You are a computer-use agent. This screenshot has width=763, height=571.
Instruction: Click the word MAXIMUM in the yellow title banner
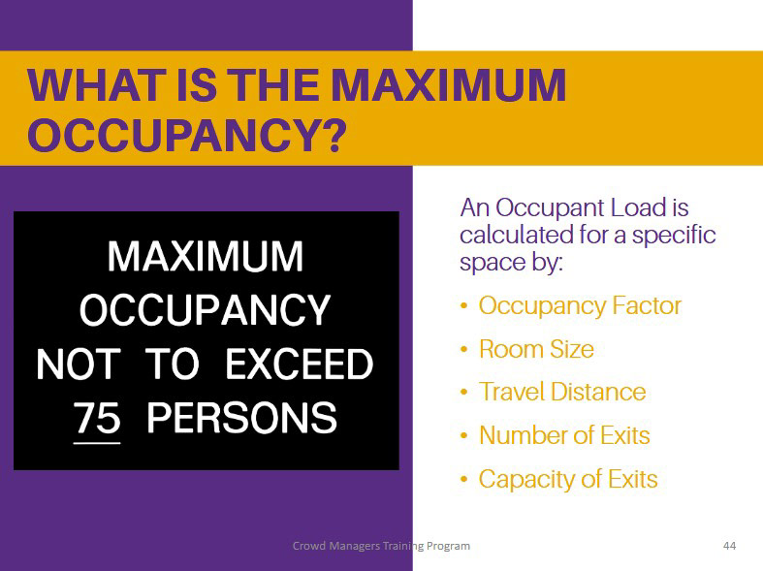[451, 85]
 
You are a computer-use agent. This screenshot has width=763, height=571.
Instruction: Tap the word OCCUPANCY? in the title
[187, 135]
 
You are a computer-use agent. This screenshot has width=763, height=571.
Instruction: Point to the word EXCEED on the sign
[299, 364]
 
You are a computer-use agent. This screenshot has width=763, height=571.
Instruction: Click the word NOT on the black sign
[78, 364]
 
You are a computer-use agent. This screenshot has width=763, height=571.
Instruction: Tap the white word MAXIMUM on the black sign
[206, 256]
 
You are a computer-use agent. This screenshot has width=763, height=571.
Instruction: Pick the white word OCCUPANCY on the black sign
[205, 310]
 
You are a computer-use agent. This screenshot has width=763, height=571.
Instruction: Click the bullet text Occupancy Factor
[580, 306]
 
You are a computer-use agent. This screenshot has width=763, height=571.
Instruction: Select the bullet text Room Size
[536, 349]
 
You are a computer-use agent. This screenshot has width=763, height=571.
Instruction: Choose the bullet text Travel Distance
[562, 392]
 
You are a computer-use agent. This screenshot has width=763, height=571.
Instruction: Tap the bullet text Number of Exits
[564, 435]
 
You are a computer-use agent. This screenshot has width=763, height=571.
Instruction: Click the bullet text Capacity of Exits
[568, 479]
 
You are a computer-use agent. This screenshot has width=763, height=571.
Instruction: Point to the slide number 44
[729, 546]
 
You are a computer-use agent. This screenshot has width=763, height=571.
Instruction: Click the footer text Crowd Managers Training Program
[381, 546]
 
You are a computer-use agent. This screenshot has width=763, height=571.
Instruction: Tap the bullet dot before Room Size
[463, 349]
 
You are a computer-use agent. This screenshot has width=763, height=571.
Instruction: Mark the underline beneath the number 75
[97, 443]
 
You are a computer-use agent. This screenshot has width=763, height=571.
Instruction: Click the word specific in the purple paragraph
[674, 236]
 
